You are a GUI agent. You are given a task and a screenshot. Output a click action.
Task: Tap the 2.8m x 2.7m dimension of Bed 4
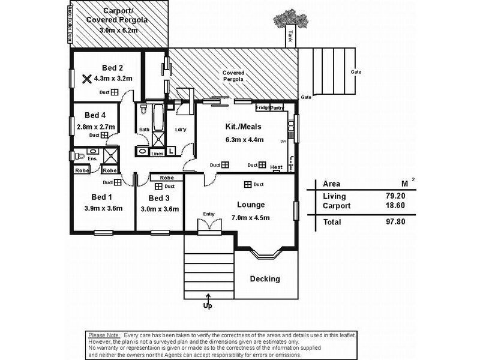(x=96, y=127)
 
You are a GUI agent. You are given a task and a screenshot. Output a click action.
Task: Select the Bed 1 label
(x=101, y=197)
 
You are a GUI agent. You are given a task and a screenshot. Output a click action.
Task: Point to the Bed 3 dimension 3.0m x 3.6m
(x=159, y=209)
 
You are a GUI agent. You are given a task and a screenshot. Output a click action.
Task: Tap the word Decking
(x=265, y=279)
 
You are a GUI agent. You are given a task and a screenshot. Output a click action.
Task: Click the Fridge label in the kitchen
(x=262, y=108)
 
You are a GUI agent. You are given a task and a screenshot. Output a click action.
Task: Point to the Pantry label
(x=277, y=108)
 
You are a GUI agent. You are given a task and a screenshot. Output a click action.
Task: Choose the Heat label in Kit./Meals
(x=276, y=167)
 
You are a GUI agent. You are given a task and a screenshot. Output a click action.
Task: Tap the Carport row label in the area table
(x=336, y=205)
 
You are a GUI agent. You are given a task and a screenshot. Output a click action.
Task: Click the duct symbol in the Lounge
(x=247, y=184)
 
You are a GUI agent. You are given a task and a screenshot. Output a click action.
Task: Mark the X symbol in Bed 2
(x=87, y=78)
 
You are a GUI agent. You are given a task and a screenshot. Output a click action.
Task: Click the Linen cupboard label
(x=157, y=154)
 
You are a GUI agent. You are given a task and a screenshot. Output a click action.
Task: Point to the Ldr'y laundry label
(x=181, y=130)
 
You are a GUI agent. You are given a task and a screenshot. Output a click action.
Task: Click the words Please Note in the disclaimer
(x=104, y=334)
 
